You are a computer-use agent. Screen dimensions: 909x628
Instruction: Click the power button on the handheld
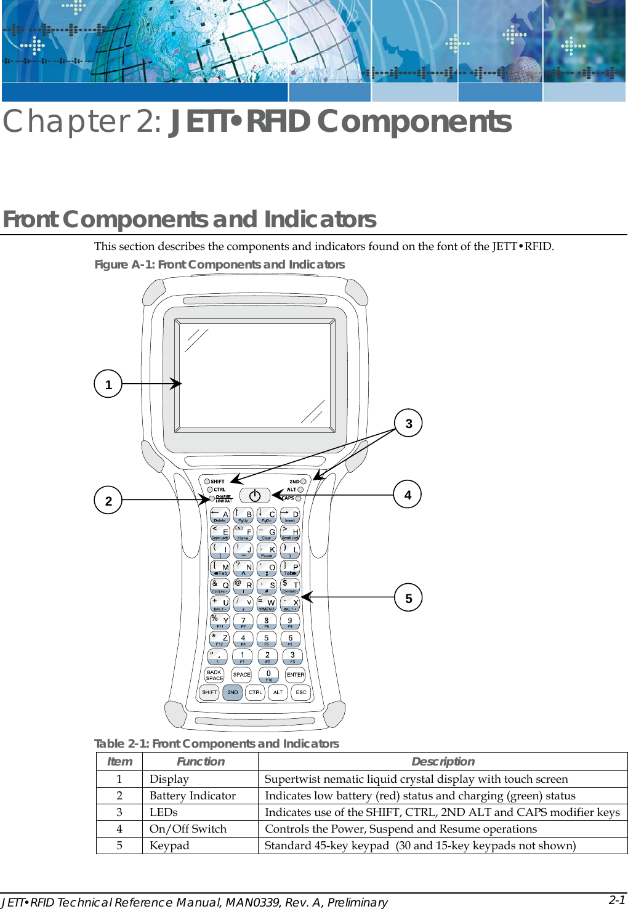click(254, 495)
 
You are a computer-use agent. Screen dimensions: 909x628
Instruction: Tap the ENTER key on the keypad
click(296, 675)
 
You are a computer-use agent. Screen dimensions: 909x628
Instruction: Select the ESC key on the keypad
click(300, 692)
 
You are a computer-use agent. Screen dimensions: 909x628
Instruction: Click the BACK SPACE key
click(214, 675)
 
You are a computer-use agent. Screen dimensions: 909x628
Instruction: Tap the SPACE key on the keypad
click(241, 675)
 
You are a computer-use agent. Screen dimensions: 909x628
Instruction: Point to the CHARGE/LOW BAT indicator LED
click(212, 498)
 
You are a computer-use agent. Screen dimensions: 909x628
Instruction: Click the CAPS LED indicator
click(299, 498)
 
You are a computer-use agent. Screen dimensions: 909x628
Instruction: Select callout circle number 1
click(108, 384)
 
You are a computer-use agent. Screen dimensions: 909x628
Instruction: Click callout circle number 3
click(408, 424)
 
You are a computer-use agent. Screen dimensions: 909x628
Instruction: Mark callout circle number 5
click(408, 598)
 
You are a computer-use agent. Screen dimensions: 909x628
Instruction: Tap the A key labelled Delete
click(220, 515)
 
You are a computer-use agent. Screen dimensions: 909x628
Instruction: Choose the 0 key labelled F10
click(268, 675)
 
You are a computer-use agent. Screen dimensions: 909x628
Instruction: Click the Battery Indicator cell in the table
click(193, 796)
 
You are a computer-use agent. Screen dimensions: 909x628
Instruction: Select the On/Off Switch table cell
click(188, 829)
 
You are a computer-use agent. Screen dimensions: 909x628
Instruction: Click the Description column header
click(443, 761)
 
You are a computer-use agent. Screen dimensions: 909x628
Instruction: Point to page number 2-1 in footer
click(617, 900)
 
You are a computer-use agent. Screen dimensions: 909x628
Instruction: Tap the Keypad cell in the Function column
click(169, 846)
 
